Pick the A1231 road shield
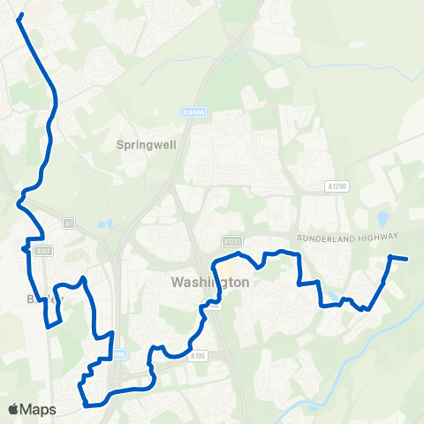[232, 240]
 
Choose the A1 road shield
[69, 224]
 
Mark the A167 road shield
[42, 252]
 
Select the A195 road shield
[196, 357]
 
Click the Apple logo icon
[13, 409]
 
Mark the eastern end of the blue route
[405, 259]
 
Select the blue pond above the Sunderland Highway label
[382, 218]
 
